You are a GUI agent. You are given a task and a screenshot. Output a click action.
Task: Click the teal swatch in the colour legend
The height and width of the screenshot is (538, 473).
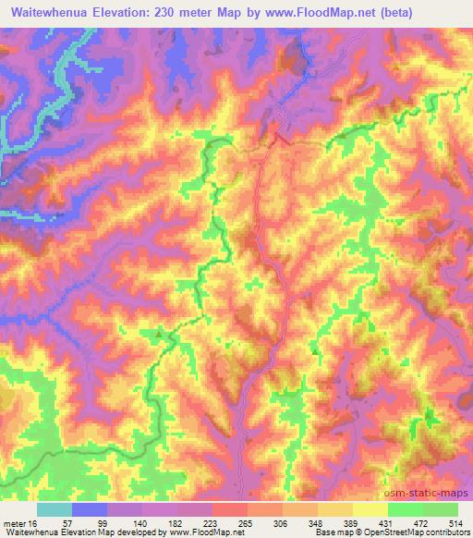click(x=55, y=509)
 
